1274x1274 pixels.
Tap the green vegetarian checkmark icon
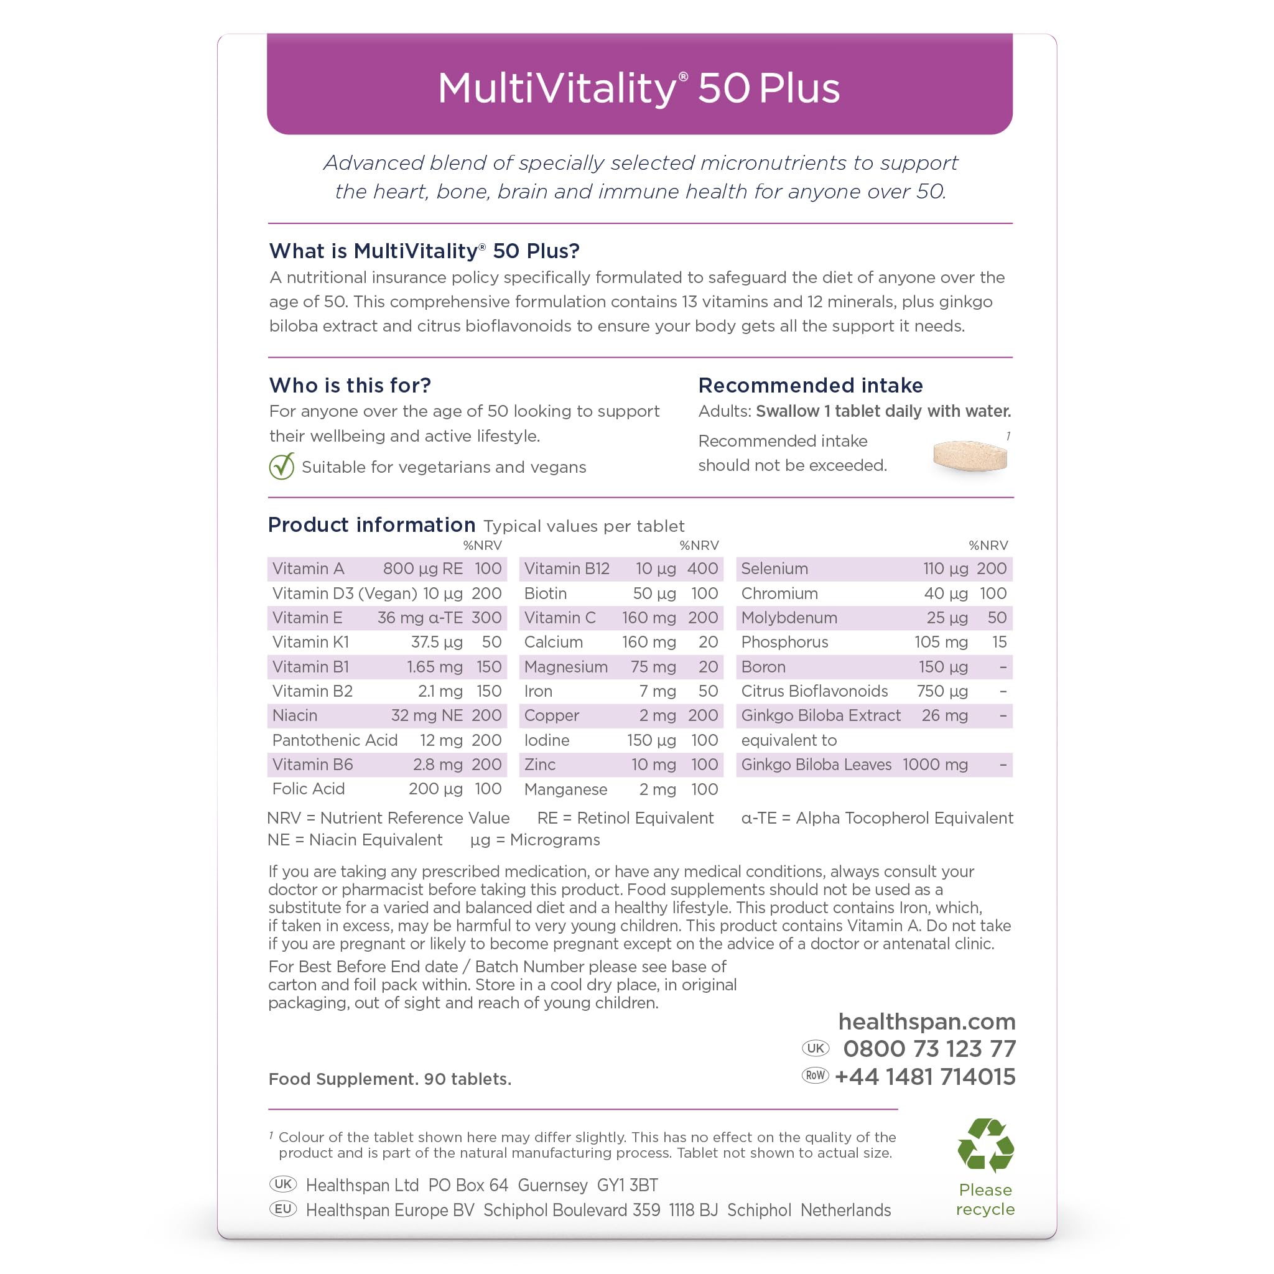tap(282, 467)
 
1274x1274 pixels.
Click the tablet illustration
tap(970, 457)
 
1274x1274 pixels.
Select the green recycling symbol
tap(985, 1145)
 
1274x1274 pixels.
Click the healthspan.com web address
tap(926, 1021)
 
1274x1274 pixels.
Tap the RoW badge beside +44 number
tap(815, 1076)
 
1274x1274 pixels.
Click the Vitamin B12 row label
tap(567, 569)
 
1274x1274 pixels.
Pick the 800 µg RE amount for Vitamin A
tap(422, 569)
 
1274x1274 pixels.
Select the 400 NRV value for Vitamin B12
tap(702, 569)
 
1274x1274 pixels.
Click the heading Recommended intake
tap(811, 385)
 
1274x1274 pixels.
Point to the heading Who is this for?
tap(350, 385)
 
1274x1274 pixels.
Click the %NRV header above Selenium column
tap(988, 546)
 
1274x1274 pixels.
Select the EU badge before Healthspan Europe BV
tap(283, 1209)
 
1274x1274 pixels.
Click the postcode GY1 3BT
tap(627, 1186)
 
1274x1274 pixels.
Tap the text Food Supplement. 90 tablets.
tap(389, 1079)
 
